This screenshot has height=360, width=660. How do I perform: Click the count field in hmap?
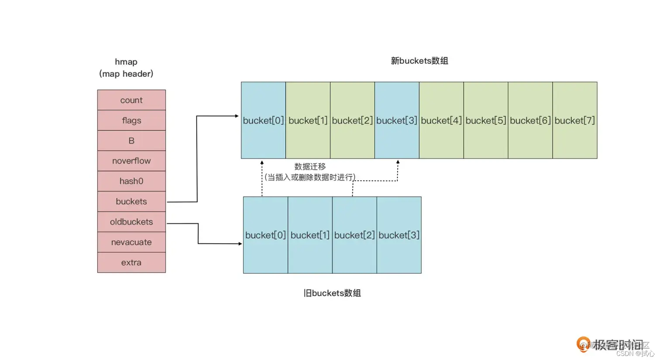coord(131,100)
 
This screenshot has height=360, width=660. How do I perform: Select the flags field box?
coord(131,120)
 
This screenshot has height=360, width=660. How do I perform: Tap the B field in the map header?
coord(131,141)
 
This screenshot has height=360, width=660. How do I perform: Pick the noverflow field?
coord(131,161)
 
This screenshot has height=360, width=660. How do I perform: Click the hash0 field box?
coord(131,181)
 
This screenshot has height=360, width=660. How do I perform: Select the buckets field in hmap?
coord(131,201)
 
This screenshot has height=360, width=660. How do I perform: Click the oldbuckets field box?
coord(131,222)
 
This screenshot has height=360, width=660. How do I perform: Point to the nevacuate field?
coord(131,242)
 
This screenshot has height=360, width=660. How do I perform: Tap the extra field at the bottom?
coord(131,262)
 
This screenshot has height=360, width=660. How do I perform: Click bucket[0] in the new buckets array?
coord(263,120)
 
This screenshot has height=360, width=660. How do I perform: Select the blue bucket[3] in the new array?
coord(397,120)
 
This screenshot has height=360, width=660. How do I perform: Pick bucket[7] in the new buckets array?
coord(574,120)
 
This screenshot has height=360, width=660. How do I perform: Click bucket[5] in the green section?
coord(485,120)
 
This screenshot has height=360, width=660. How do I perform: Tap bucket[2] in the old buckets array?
coord(354,235)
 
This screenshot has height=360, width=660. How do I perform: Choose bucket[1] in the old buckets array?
coord(310,235)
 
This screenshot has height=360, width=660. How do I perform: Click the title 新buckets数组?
coord(419,61)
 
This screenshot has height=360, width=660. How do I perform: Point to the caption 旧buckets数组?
coord(332,293)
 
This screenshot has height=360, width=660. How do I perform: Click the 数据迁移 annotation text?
coord(310,167)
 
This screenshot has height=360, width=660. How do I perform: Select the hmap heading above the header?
coord(126,62)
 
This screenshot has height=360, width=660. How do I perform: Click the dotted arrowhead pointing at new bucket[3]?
coord(398,162)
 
